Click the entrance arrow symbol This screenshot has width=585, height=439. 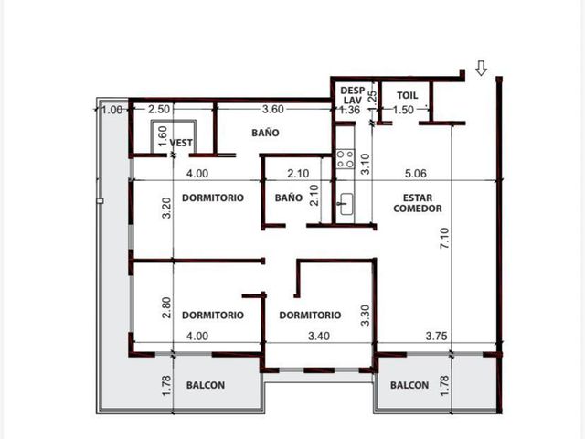[482, 68]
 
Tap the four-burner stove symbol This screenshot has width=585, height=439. [346, 158]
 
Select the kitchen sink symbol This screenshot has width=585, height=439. [346, 204]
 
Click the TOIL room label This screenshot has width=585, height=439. [407, 95]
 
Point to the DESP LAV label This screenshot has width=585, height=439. [353, 95]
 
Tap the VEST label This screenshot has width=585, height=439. [181, 143]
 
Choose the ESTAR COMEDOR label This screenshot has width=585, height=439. [418, 203]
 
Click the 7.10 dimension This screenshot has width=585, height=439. [445, 238]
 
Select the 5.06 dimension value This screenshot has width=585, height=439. [416, 174]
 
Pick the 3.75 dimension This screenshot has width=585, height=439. [437, 336]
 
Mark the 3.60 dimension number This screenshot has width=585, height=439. [273, 110]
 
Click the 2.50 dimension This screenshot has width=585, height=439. [159, 110]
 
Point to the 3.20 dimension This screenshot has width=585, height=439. [166, 208]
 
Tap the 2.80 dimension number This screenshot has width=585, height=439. [166, 307]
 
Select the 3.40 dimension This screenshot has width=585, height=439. [319, 336]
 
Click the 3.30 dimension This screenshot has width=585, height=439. [366, 316]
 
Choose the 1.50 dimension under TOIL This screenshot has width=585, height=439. [403, 110]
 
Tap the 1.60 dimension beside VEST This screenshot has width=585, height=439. [163, 136]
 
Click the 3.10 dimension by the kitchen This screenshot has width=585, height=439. [366, 164]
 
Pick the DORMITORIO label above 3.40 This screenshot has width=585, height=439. [310, 315]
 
